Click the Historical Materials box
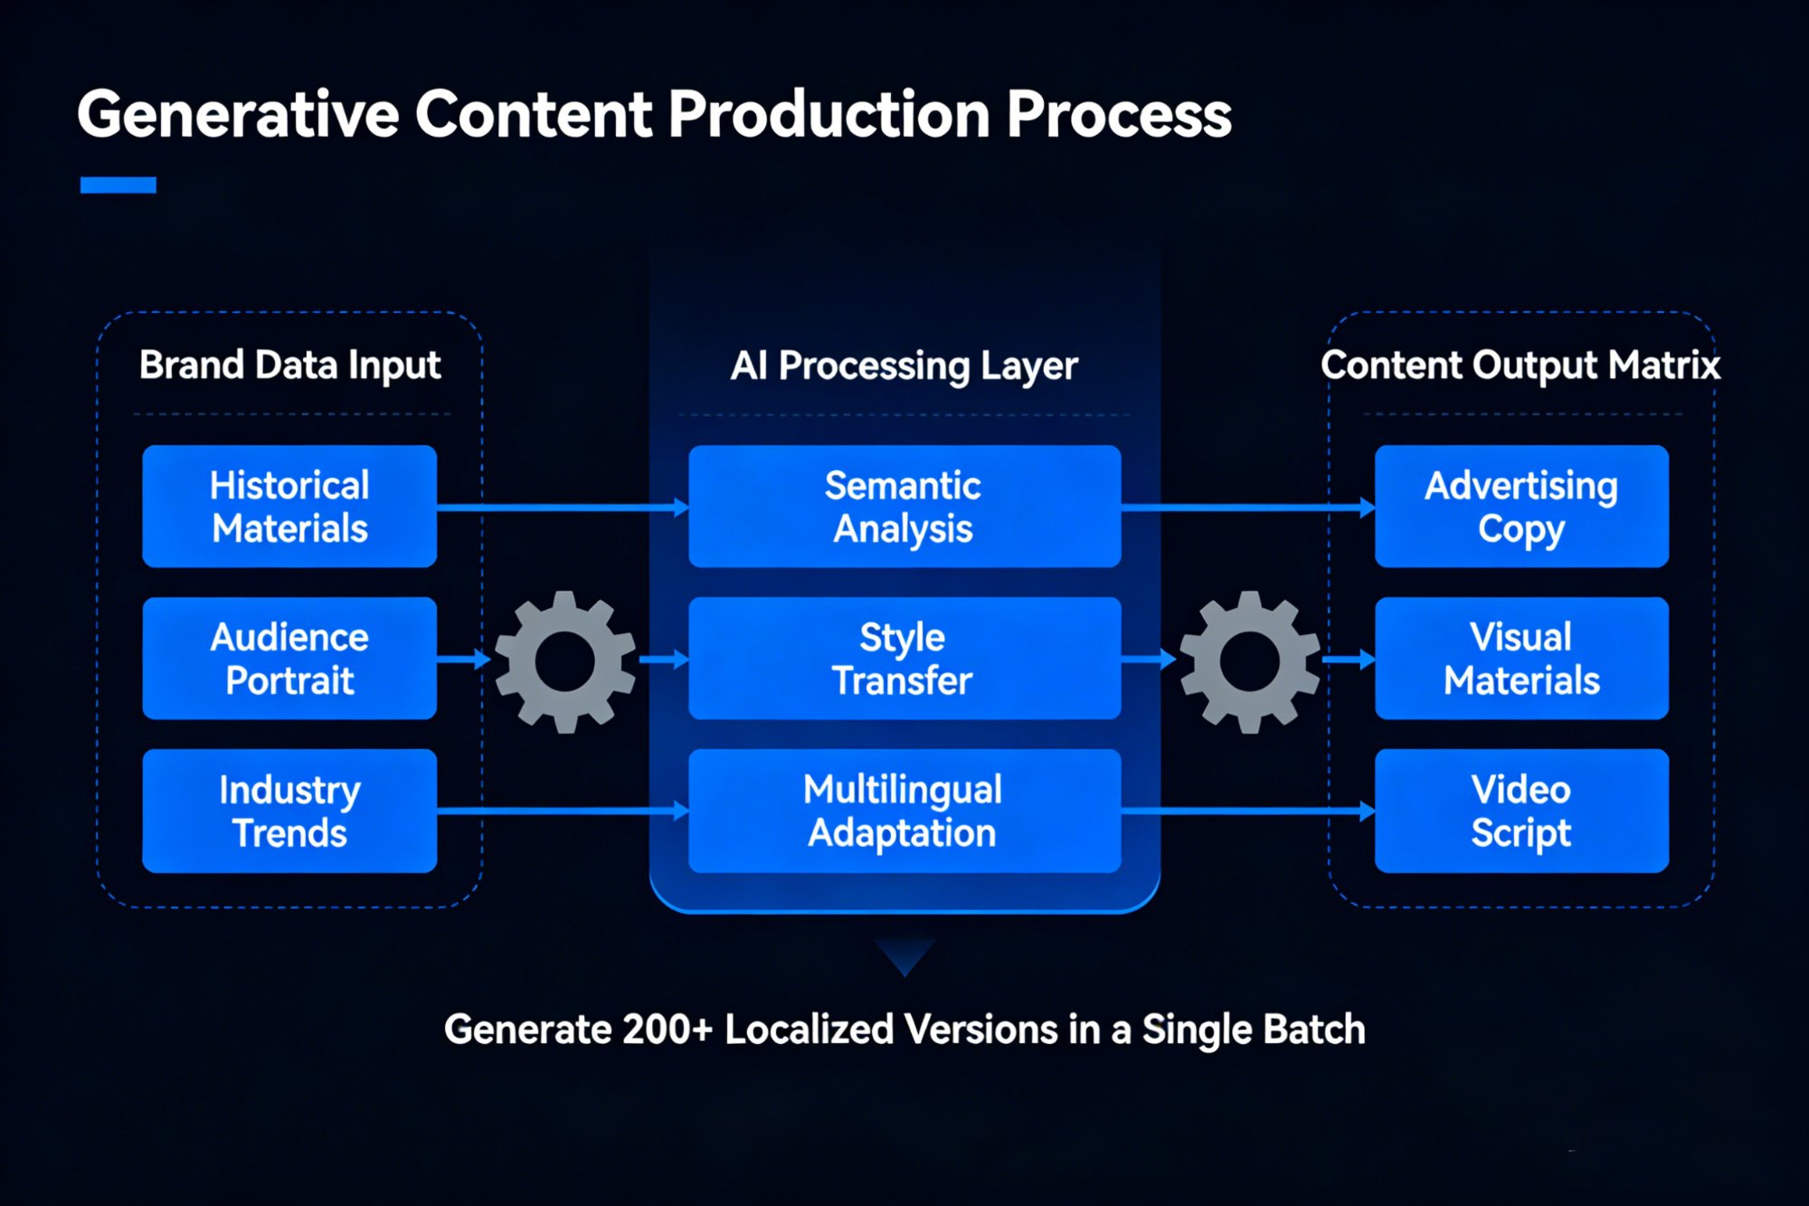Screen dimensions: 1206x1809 pyautogui.click(x=289, y=507)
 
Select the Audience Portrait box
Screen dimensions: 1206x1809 pyautogui.click(x=289, y=659)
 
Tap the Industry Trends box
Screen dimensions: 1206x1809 pyautogui.click(x=289, y=811)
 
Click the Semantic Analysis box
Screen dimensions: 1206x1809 pyautogui.click(x=904, y=507)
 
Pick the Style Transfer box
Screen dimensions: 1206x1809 pyautogui.click(x=904, y=659)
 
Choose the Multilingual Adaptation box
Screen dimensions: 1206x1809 pyautogui.click(x=904, y=811)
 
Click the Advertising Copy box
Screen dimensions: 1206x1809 pyautogui.click(x=1521, y=507)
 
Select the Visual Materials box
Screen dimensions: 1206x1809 pyautogui.click(x=1521, y=659)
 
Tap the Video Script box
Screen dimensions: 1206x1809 pyautogui.click(x=1521, y=811)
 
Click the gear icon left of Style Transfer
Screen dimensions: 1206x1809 pyautogui.click(x=565, y=661)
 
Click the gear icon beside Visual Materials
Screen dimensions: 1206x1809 pyautogui.click(x=1250, y=661)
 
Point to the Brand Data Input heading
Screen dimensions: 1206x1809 pyautogui.click(x=289, y=366)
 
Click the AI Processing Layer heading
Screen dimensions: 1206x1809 pyautogui.click(x=904, y=366)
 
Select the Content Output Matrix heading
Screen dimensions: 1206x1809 pyautogui.click(x=1520, y=366)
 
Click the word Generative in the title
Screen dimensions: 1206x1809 pyautogui.click(x=238, y=116)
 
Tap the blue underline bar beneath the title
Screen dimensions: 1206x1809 pyautogui.click(x=118, y=185)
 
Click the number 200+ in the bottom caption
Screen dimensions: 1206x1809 pyautogui.click(x=668, y=1030)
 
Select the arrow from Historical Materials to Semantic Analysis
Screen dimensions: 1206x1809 pyautogui.click(x=561, y=508)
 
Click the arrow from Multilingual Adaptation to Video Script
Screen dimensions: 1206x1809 pyautogui.click(x=1248, y=812)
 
